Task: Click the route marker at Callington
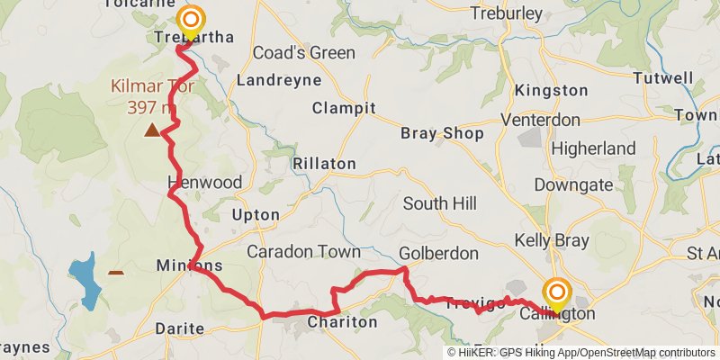point(557,294)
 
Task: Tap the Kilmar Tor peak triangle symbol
point(153,130)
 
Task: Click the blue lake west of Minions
point(82,280)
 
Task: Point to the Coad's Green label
point(303,52)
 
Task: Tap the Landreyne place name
point(279,80)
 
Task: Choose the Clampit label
point(343,108)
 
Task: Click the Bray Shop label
point(442,133)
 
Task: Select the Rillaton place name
point(324,164)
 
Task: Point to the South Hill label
point(439,203)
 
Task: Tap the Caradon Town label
point(303,251)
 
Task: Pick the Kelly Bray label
point(552,240)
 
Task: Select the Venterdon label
point(553,120)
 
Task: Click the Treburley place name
point(507,13)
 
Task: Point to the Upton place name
point(249,215)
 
